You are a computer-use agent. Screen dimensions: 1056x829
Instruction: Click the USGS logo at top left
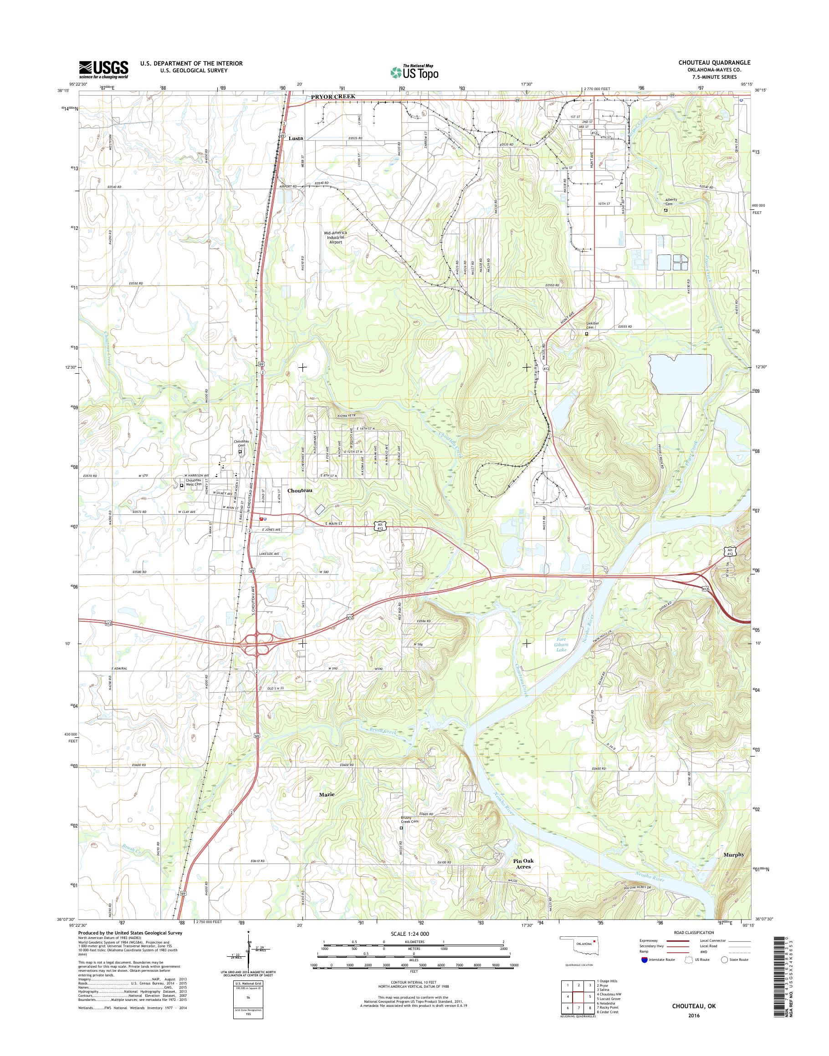[x=103, y=69]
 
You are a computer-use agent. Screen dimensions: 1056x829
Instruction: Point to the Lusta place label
[x=296, y=138]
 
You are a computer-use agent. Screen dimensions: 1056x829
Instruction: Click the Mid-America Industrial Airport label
[x=335, y=237]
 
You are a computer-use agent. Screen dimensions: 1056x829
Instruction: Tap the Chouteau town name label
[x=299, y=490]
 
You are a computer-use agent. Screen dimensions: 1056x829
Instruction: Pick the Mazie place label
[x=327, y=795]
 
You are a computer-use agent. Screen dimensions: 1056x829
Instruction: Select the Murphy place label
[x=733, y=855]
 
